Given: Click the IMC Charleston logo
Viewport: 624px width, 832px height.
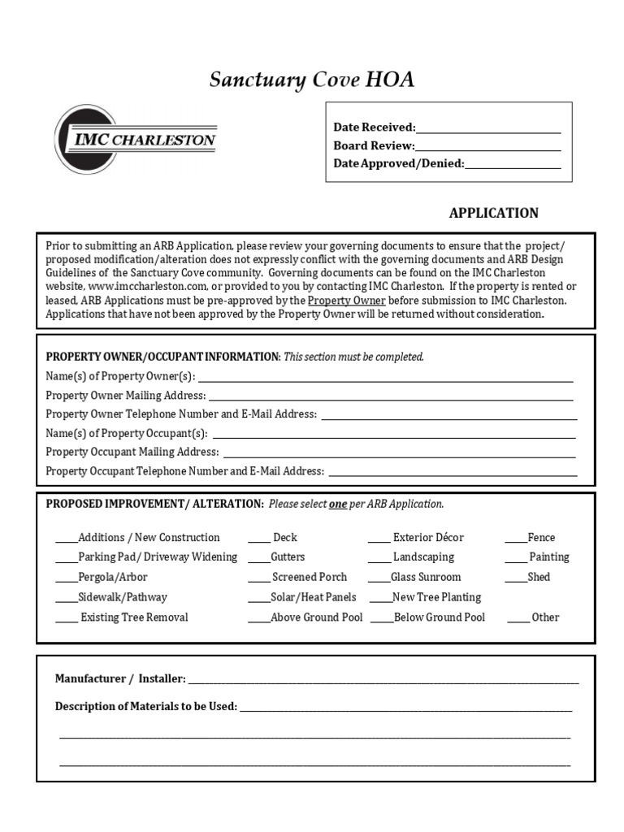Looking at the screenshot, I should [136, 139].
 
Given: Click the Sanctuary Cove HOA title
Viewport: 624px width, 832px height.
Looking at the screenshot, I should [312, 80].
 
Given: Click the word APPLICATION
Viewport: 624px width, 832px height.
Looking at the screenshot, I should [493, 213].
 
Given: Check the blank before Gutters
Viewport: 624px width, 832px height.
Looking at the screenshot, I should [258, 560].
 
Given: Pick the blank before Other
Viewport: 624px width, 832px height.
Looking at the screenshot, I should [518, 620].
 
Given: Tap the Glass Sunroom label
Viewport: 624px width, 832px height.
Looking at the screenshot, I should [426, 577].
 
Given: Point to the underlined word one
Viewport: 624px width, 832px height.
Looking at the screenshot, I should [337, 504].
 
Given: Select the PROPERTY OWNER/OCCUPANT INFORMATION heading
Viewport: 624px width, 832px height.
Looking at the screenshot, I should [162, 357].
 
